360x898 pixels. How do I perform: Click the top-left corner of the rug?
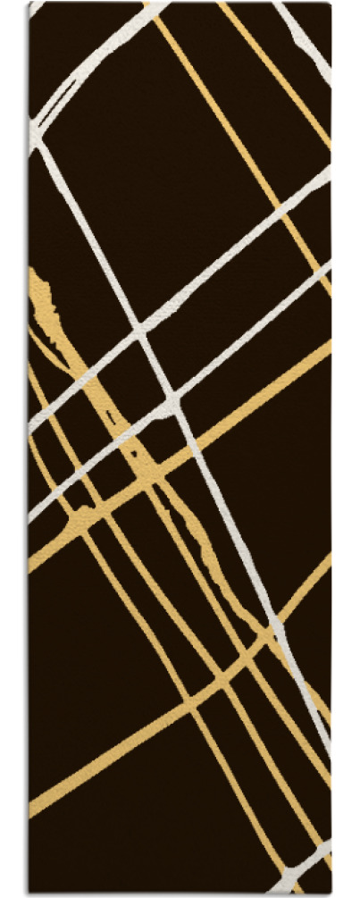click(29, 4)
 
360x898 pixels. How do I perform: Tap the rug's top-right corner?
click(331, 4)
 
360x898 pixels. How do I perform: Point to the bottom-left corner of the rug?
click(29, 893)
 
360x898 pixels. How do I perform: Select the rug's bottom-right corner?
click(331, 893)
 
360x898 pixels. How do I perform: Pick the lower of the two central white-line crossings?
click(174, 400)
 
